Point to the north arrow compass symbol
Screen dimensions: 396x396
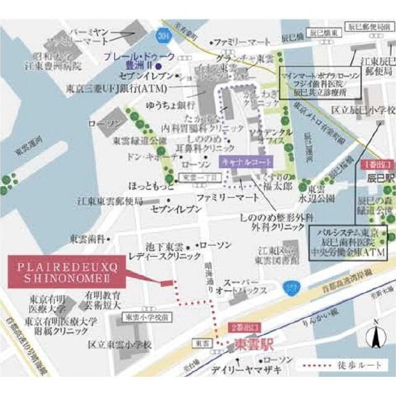click(374, 339)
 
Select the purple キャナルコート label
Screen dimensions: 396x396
click(246, 162)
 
